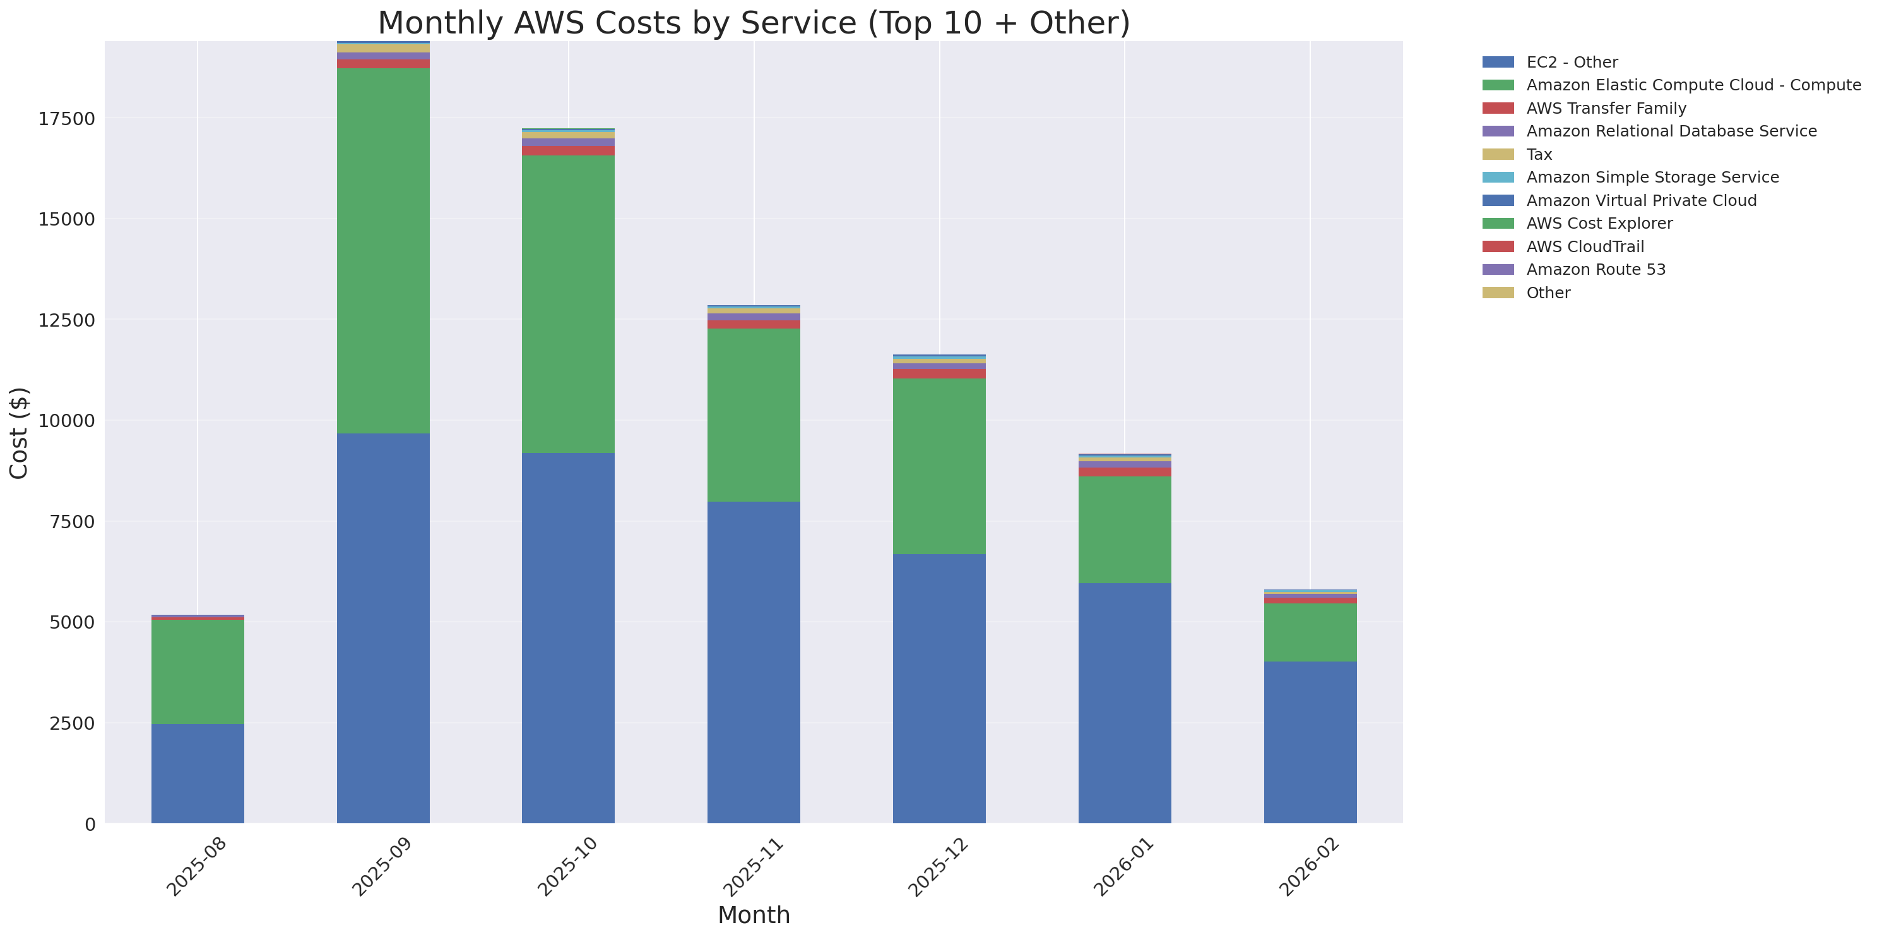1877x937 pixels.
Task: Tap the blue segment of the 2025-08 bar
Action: click(198, 773)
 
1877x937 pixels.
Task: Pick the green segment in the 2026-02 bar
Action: click(1310, 632)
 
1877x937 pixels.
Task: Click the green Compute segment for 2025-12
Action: click(938, 466)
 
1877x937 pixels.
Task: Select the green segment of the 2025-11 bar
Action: click(754, 415)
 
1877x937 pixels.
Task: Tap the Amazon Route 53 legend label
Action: click(1595, 270)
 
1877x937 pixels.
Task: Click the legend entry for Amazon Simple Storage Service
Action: click(1652, 177)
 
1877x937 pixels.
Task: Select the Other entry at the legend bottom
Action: click(1548, 293)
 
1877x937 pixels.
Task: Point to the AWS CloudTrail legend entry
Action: click(1585, 246)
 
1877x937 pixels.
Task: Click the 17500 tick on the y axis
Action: click(66, 119)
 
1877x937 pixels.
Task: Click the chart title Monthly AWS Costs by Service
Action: click(754, 23)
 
